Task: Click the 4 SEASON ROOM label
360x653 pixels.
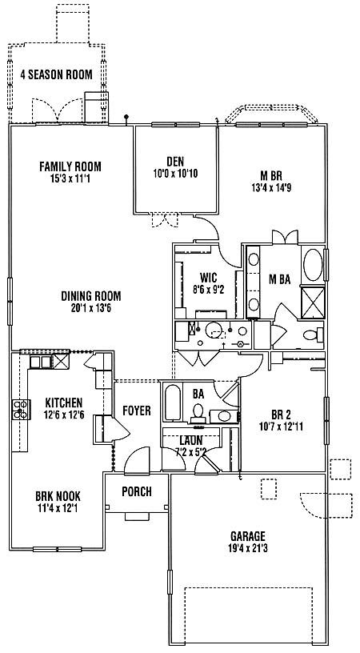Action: pyautogui.click(x=57, y=75)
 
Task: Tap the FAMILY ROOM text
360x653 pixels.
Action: pyautogui.click(x=70, y=166)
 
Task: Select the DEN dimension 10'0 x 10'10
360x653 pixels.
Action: pyautogui.click(x=175, y=173)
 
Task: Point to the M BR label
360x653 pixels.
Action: pyautogui.click(x=271, y=175)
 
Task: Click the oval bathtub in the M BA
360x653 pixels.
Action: pyautogui.click(x=313, y=265)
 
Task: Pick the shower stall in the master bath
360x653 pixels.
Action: pyautogui.click(x=313, y=302)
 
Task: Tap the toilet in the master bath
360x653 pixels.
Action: pyautogui.click(x=314, y=335)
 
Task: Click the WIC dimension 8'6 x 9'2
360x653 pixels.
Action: pyautogui.click(x=209, y=290)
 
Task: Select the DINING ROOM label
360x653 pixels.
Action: pyautogui.click(x=91, y=296)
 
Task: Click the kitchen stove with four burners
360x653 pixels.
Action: pyautogui.click(x=22, y=410)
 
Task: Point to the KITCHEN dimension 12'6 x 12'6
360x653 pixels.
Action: pyautogui.click(x=64, y=415)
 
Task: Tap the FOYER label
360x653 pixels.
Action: pyautogui.click(x=137, y=411)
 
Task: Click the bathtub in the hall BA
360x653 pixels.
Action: pyautogui.click(x=172, y=403)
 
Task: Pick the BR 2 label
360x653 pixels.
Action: pyautogui.click(x=281, y=415)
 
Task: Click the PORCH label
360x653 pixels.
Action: pyautogui.click(x=137, y=492)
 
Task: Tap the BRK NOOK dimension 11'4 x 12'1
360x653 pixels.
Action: pyautogui.click(x=58, y=508)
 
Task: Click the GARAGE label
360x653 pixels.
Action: pyautogui.click(x=248, y=536)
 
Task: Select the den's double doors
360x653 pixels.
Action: pyautogui.click(x=166, y=220)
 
